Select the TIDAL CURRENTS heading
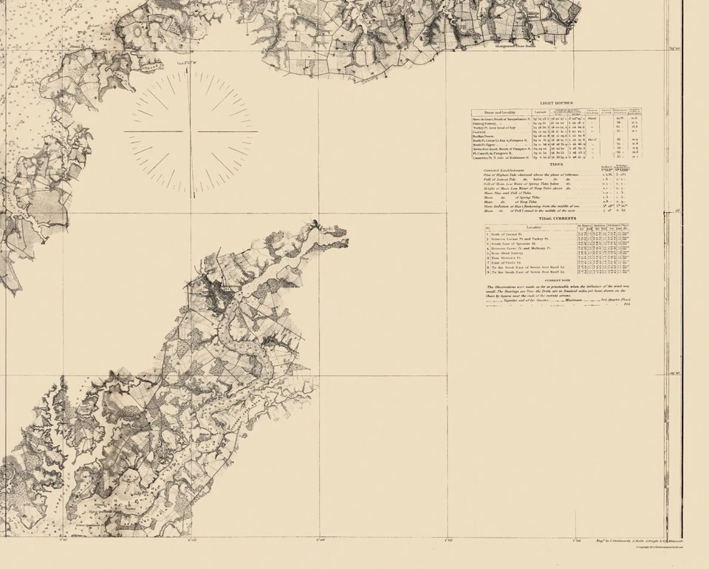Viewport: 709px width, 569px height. tap(556, 219)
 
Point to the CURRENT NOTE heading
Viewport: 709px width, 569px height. tap(556, 280)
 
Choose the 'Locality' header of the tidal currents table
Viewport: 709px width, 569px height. tap(534, 226)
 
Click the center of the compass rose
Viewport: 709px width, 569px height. tap(191, 132)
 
